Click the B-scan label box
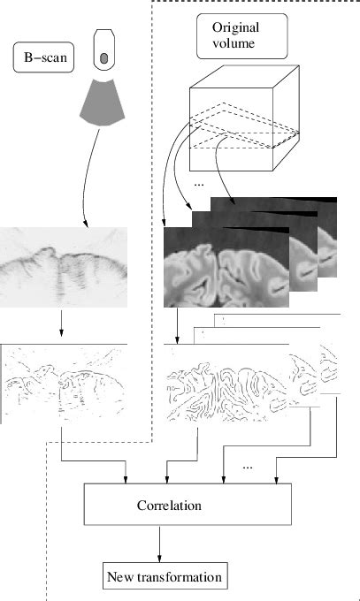(x=43, y=57)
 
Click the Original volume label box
(x=241, y=36)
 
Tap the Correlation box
(x=188, y=504)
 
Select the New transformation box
(x=165, y=575)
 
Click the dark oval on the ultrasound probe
(x=104, y=57)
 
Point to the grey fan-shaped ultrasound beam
(x=103, y=103)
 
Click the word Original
(x=235, y=27)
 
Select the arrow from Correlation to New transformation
(x=159, y=544)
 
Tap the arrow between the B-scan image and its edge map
(x=61, y=322)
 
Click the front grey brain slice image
(x=226, y=267)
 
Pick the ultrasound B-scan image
(x=64, y=267)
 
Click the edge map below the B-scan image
(x=64, y=384)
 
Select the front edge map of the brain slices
(x=226, y=384)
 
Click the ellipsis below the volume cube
(x=199, y=185)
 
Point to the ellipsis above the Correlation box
(x=248, y=468)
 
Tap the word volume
(x=234, y=43)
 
